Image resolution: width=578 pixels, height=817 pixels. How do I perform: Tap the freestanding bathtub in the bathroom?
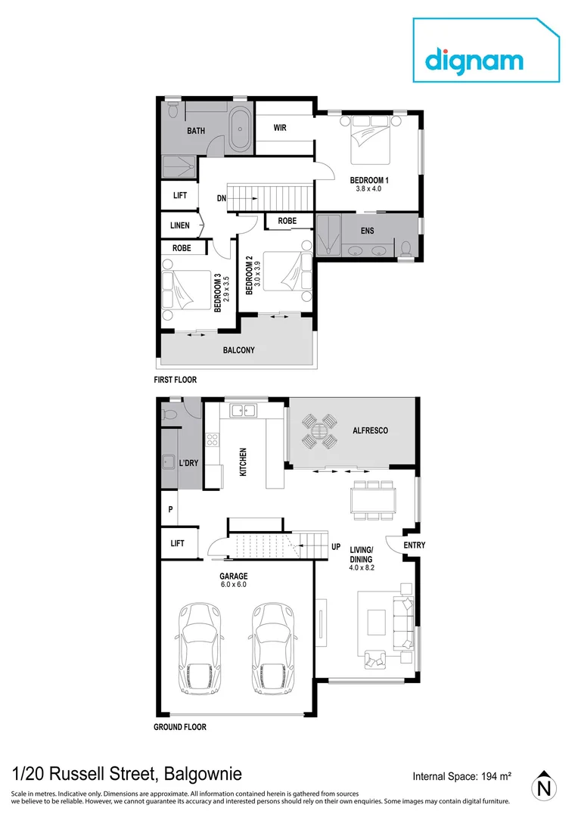pyautogui.click(x=241, y=130)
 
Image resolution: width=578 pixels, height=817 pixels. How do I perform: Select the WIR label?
pyautogui.click(x=280, y=129)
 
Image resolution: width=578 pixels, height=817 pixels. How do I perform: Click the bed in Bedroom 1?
pyautogui.click(x=370, y=139)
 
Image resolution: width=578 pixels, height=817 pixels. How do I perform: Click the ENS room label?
pyautogui.click(x=367, y=231)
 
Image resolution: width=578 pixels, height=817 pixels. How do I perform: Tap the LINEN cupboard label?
pyautogui.click(x=179, y=225)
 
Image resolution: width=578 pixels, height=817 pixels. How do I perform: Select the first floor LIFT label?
pyautogui.click(x=179, y=196)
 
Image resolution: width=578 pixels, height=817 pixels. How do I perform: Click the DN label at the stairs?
pyautogui.click(x=221, y=198)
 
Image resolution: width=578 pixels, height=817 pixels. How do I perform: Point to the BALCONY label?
pyautogui.click(x=238, y=350)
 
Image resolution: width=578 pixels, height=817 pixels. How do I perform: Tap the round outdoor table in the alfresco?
pyautogui.click(x=319, y=431)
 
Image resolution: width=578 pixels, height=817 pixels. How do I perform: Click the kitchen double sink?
pyautogui.click(x=244, y=411)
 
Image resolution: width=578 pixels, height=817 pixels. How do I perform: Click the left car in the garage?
pyautogui.click(x=199, y=648)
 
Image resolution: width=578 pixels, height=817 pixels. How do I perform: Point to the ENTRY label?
pyautogui.click(x=414, y=545)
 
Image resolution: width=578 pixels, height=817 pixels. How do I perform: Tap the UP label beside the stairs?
pyautogui.click(x=336, y=546)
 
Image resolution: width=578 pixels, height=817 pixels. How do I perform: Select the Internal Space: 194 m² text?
pyautogui.click(x=461, y=776)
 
